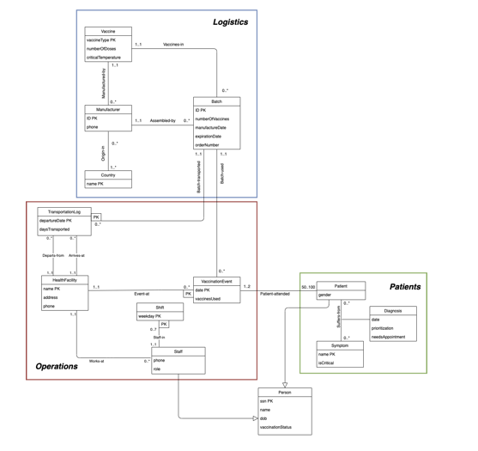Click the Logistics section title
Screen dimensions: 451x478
click(231, 21)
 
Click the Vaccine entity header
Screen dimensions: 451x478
click(108, 31)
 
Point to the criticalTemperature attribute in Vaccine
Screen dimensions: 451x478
click(104, 58)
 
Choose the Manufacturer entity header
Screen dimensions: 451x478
click(108, 109)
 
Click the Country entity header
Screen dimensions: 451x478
click(108, 175)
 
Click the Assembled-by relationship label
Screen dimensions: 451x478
click(162, 120)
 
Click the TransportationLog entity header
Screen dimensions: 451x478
click(64, 210)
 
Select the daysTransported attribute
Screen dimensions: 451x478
click(57, 229)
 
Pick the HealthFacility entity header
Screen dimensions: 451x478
click(64, 278)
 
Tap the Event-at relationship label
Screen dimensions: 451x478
click(142, 294)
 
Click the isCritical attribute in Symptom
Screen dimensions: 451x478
click(328, 363)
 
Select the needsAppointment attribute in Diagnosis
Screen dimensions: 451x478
click(389, 337)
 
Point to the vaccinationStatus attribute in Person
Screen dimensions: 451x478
click(279, 427)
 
